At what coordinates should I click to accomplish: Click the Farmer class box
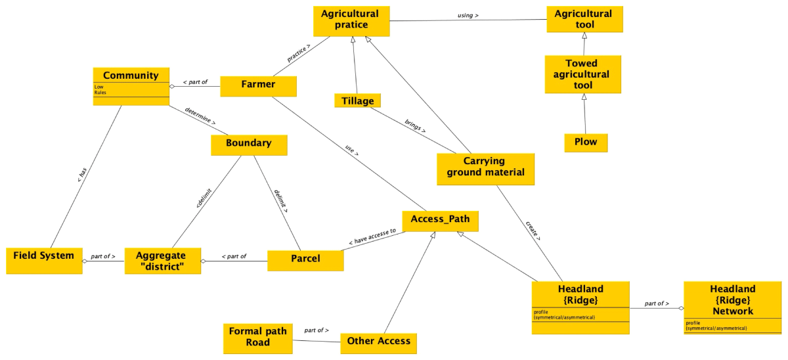[x=258, y=85]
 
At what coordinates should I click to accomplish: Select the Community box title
[x=131, y=76]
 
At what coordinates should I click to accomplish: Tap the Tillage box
[x=358, y=101]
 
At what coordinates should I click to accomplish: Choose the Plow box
[x=586, y=142]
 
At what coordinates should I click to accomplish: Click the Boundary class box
[x=248, y=143]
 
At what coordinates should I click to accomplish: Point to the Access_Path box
[x=440, y=219]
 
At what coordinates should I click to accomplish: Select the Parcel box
[x=305, y=259]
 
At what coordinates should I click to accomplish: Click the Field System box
[x=43, y=255]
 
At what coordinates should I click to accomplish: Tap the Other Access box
[x=378, y=341]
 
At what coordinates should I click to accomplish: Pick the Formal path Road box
[x=257, y=336]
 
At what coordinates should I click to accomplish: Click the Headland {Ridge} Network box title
[x=732, y=300]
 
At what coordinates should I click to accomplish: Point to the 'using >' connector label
[x=467, y=14]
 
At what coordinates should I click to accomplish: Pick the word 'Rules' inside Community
[x=100, y=93]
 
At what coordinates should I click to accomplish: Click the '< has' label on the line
[x=82, y=174]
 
